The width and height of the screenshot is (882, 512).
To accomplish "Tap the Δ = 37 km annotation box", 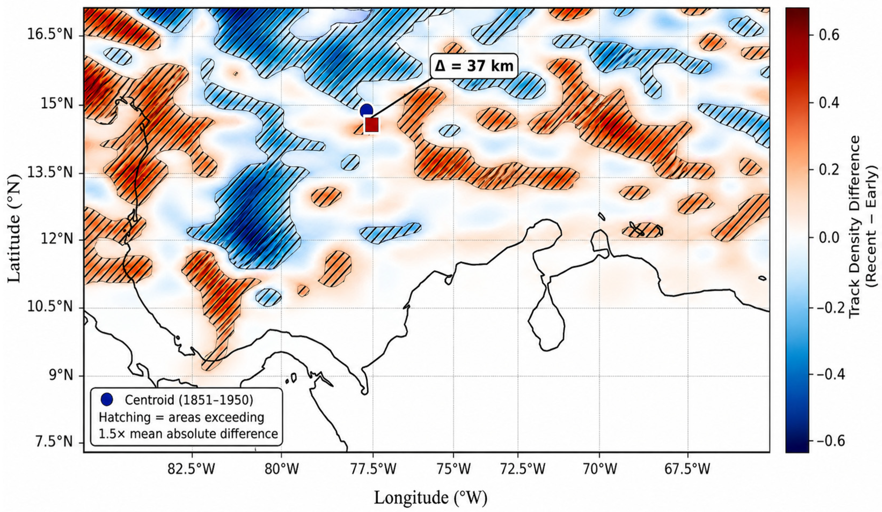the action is coord(474,65).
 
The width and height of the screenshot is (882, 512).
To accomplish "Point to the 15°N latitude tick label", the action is coord(60,105).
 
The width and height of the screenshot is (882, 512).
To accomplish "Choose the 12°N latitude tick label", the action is coord(60,240).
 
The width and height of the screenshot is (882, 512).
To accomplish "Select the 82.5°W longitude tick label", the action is coord(192,469).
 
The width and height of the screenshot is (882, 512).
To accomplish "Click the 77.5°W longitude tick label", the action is coord(372,469).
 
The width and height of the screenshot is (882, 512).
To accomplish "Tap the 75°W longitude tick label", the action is coord(453,469).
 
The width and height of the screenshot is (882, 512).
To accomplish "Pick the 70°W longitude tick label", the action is coord(599,469).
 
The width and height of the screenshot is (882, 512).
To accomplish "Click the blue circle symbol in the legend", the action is coord(107,399).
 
